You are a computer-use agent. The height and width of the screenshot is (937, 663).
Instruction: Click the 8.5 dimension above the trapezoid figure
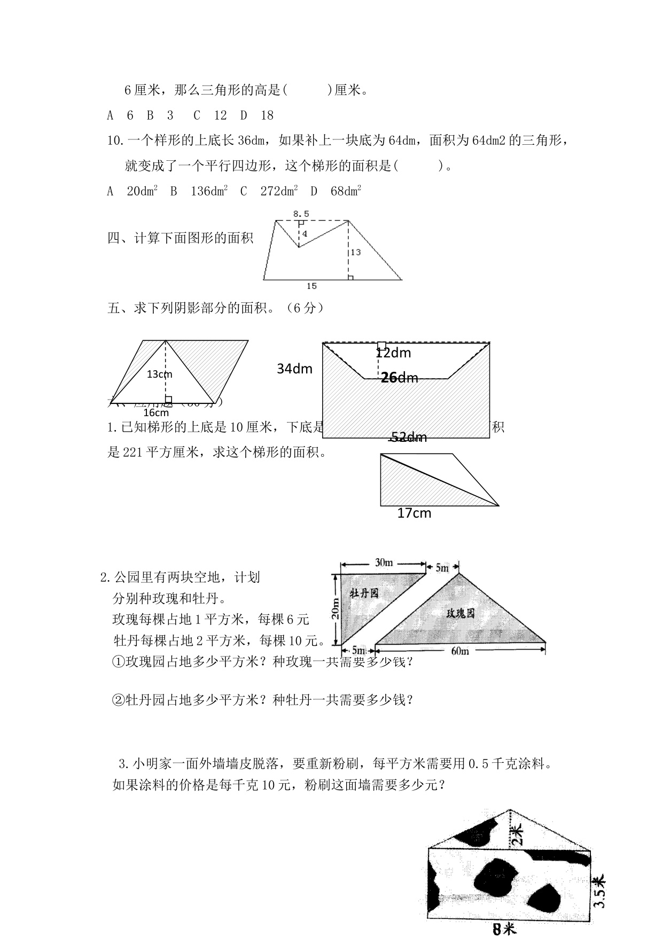(301, 214)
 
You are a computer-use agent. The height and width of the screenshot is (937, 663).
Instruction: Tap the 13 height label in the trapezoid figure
(355, 252)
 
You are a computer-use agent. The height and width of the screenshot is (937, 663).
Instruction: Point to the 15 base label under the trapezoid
(311, 286)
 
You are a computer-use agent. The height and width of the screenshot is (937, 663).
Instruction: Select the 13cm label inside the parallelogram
(159, 374)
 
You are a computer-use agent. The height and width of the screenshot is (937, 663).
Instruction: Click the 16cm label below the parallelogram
(156, 412)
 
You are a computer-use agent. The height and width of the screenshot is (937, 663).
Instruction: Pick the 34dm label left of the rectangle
(294, 369)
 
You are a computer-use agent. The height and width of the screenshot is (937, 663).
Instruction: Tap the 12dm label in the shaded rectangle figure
(393, 353)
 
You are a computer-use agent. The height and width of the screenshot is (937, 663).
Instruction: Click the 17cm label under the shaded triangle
(414, 513)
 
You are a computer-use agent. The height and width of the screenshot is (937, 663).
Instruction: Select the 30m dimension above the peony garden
(384, 563)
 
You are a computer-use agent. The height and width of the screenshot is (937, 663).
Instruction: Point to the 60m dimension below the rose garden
(459, 651)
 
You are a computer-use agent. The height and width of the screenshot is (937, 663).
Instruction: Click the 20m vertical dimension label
(335, 608)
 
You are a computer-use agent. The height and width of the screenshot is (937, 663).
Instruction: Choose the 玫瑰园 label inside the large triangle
(460, 613)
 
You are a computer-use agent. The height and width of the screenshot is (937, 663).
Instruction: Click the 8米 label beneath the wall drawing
(504, 930)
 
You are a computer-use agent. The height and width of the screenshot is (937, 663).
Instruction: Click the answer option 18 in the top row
(267, 115)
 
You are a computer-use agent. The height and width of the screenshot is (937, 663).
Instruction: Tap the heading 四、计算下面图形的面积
(181, 238)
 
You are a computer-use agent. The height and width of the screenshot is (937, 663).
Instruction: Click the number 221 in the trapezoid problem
(132, 452)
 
